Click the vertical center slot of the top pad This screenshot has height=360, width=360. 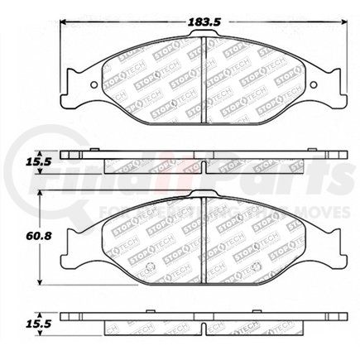pyautogui.click(x=205, y=79)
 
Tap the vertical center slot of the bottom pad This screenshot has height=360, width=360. pyautogui.click(x=205, y=242)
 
